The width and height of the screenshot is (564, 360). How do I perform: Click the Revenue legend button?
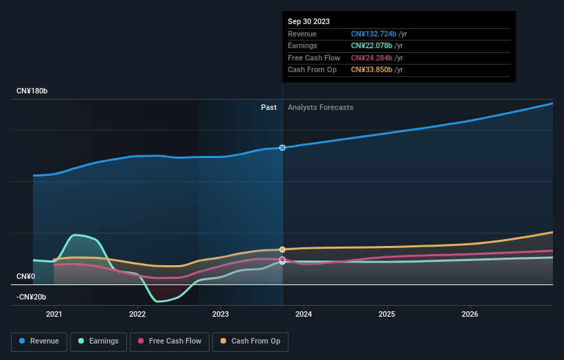(x=39, y=341)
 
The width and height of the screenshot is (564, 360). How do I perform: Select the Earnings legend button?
(x=98, y=341)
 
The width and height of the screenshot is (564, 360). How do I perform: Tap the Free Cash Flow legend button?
(x=169, y=341)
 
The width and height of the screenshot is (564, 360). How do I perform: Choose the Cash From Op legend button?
(x=251, y=341)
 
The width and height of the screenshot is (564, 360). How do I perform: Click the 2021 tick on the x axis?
(x=54, y=315)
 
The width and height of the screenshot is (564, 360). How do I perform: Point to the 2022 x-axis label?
(x=137, y=315)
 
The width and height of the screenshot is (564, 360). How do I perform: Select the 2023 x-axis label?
(x=221, y=315)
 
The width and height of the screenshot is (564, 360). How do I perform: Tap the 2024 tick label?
(x=304, y=315)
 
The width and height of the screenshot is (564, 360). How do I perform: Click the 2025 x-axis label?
(x=387, y=315)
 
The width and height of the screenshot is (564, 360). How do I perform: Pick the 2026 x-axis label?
(x=470, y=315)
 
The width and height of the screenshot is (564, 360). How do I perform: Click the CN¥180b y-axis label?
(x=32, y=91)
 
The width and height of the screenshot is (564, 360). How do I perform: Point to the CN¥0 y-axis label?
(x=25, y=276)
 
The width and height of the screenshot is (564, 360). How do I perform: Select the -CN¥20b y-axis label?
(x=31, y=297)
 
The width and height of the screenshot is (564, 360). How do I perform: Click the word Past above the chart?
(x=269, y=107)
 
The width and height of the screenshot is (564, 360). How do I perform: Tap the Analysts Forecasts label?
(x=321, y=107)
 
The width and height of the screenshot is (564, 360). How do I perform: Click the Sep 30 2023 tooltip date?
(x=309, y=21)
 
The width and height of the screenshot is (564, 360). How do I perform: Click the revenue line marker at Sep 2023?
(x=282, y=148)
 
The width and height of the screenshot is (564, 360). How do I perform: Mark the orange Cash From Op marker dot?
(x=282, y=249)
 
